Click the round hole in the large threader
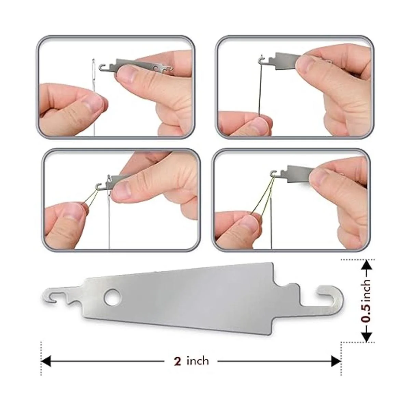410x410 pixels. point(112,296)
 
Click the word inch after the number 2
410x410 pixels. point(197,361)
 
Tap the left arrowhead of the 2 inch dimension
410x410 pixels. point(46,361)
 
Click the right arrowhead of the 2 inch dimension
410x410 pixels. point(336,361)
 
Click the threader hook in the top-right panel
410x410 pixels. point(262,59)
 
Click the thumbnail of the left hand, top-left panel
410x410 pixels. point(97,104)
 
